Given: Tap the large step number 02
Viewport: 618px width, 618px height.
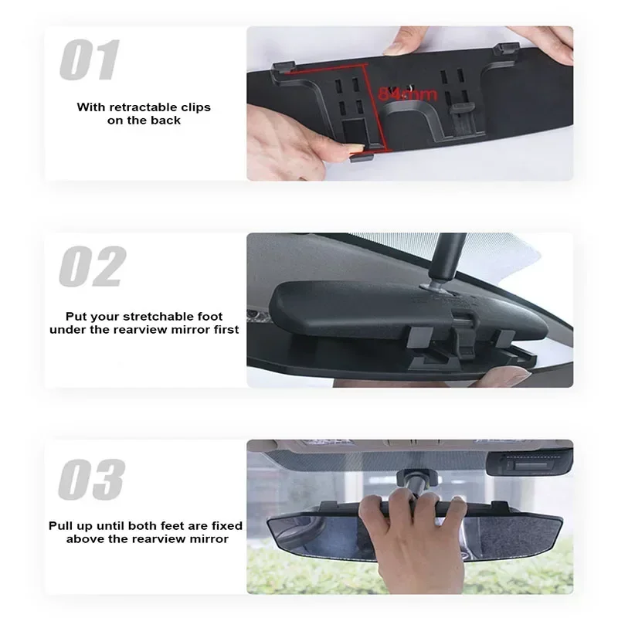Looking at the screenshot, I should tap(91, 267).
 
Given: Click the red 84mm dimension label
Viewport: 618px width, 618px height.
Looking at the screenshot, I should tap(407, 94).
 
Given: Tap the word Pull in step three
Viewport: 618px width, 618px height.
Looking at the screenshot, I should tap(61, 525).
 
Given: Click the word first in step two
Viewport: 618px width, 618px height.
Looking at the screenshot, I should tap(224, 329).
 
